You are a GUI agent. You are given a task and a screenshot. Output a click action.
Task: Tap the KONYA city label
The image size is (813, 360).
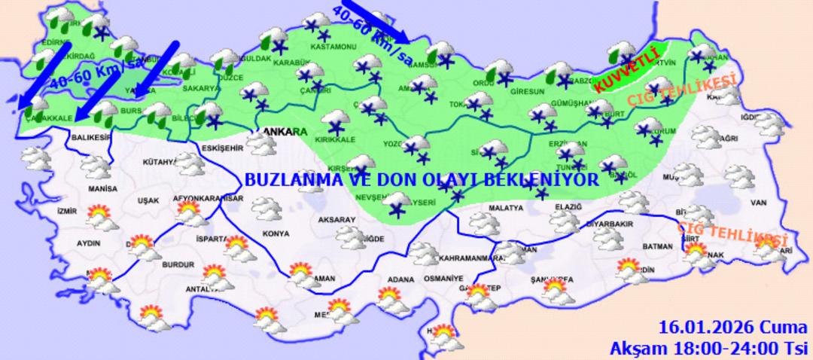[x=276, y=233]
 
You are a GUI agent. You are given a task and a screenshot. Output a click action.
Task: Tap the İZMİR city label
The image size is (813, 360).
[x=67, y=211]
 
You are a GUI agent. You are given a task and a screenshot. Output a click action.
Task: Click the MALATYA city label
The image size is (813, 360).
[x=505, y=207]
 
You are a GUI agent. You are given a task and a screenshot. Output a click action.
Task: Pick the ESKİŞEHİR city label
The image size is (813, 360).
[x=223, y=149]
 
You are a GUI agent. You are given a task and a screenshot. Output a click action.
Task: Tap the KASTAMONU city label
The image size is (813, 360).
[x=336, y=47]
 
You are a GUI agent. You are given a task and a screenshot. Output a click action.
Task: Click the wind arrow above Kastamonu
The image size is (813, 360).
[x=373, y=23]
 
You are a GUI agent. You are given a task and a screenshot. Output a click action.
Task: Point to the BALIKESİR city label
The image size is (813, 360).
[x=91, y=138]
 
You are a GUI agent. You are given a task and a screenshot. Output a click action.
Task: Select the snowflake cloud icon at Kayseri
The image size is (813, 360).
[x=396, y=203]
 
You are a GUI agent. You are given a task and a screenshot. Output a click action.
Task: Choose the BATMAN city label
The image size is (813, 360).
[x=658, y=246]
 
